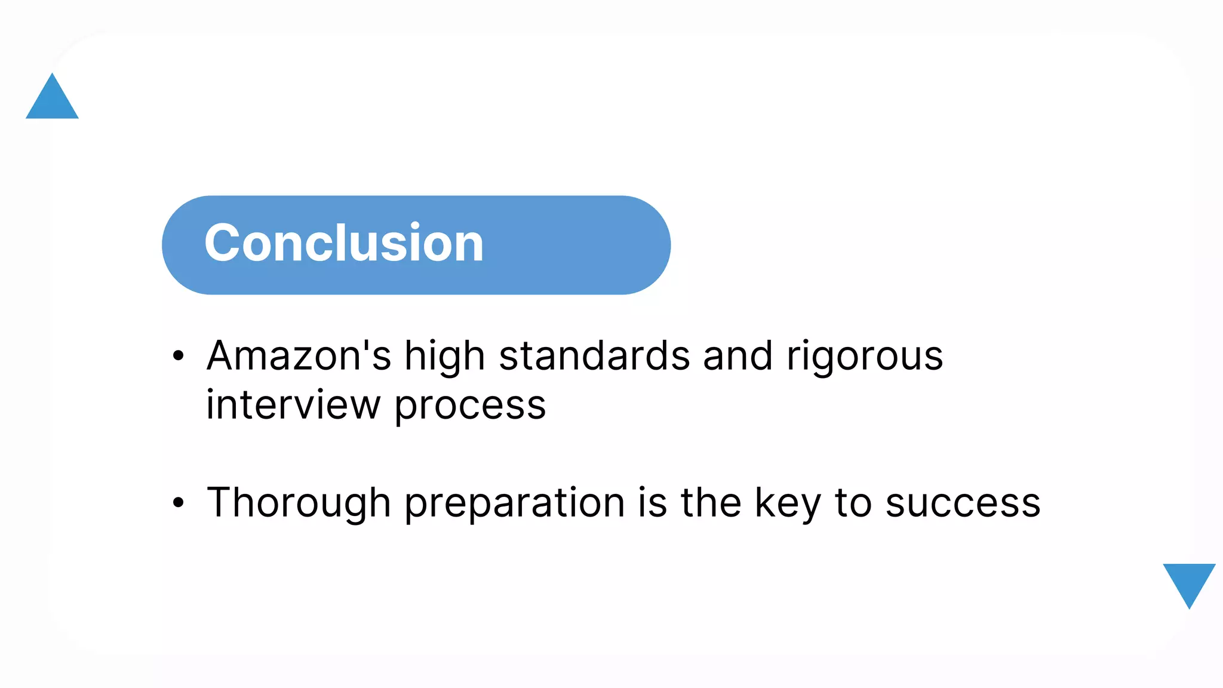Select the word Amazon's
point(299,356)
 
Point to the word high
point(444,357)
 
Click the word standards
point(594,356)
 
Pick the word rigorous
point(864,357)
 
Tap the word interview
point(293,405)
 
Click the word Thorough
point(299,503)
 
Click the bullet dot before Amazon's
point(178,357)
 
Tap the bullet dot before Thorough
point(178,503)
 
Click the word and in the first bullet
point(738,356)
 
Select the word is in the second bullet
point(652,503)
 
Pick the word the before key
point(711,503)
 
